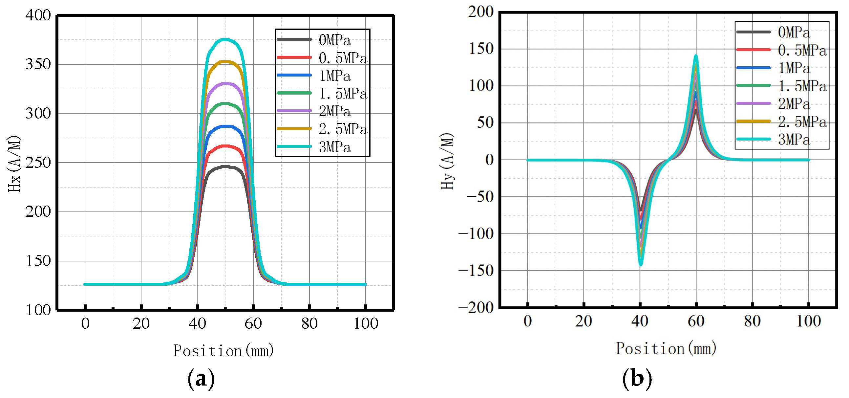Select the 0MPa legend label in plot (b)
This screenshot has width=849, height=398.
[x=794, y=32]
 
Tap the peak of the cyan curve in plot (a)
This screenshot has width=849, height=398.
[x=225, y=39]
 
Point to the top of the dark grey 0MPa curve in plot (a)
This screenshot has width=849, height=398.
[x=225, y=167]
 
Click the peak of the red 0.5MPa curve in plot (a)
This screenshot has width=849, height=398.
[x=225, y=146]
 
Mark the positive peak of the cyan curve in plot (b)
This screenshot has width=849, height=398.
[x=696, y=56]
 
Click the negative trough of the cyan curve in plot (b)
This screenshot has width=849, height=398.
[x=640, y=264]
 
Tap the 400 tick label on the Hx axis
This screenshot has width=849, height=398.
[x=38, y=15]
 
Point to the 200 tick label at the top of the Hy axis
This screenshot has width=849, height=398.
[x=481, y=12]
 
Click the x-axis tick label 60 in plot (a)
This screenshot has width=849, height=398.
[x=253, y=323]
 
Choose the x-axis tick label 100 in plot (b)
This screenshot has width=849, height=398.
[x=808, y=321]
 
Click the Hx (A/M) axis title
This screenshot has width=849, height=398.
[x=14, y=164]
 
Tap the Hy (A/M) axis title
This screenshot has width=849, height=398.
[x=447, y=161]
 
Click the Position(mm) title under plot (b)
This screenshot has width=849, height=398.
[x=666, y=348]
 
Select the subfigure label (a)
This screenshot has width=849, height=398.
[x=201, y=379]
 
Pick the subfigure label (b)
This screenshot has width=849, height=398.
[x=637, y=378]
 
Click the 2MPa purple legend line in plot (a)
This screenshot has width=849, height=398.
[x=294, y=111]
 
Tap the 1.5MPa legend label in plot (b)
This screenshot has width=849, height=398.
[x=802, y=86]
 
